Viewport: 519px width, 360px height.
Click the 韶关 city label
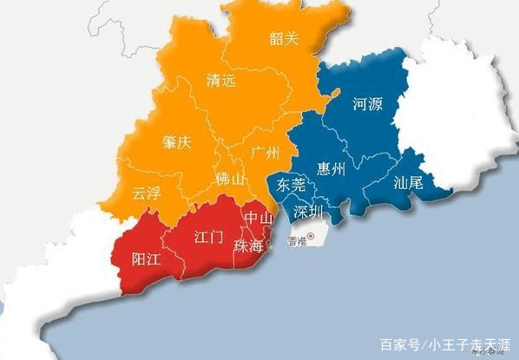coord(283,39)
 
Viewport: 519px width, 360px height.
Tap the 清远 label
coord(220,81)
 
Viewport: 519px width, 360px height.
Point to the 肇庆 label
coord(176,143)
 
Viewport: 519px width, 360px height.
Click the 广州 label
coord(264,154)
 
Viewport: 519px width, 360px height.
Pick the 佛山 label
coord(231,180)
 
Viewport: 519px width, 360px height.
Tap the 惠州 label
coord(331,168)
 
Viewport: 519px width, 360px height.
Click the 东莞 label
coord(291,185)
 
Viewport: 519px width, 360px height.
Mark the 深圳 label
coord(308,212)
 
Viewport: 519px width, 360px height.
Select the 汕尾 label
coord(408,183)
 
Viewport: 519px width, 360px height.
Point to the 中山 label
coord(258,217)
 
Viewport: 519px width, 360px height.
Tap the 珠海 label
coord(248,246)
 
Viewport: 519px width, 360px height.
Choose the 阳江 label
coord(145,259)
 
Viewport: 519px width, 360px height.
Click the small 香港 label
coord(297,241)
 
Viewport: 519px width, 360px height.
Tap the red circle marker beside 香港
coord(312,237)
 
